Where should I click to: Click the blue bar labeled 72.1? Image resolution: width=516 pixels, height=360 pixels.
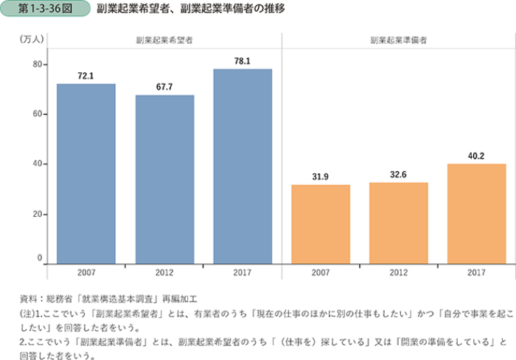pyautogui.click(x=86, y=173)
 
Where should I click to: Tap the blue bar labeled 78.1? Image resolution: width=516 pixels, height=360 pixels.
pyautogui.click(x=243, y=166)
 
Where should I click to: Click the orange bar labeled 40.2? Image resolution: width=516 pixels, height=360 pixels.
pyautogui.click(x=477, y=213)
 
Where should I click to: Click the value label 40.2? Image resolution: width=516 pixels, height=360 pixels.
pyautogui.click(x=477, y=156)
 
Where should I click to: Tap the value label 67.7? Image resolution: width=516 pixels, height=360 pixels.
pyautogui.click(x=164, y=87)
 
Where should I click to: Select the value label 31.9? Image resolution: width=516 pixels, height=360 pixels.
pyautogui.click(x=321, y=176)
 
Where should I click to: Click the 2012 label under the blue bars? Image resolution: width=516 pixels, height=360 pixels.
pyautogui.click(x=164, y=273)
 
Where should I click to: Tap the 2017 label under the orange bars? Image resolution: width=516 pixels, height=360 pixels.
pyautogui.click(x=477, y=273)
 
